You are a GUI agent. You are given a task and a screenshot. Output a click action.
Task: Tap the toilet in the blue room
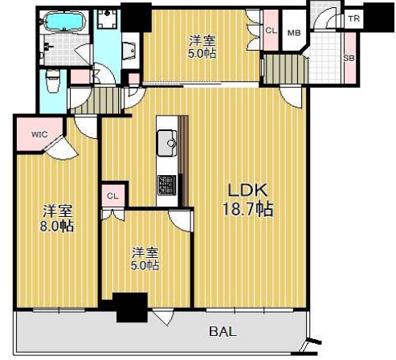[53, 80]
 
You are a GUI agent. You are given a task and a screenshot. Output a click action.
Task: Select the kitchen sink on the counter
[167, 143]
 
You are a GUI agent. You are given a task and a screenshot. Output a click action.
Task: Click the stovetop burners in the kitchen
[167, 185]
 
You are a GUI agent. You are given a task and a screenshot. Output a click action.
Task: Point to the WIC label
[39, 134]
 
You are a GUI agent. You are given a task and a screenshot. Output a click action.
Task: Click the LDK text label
[247, 190]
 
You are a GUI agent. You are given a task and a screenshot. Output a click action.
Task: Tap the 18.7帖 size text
[247, 209]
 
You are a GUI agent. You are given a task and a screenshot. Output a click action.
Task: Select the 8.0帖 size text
[57, 227]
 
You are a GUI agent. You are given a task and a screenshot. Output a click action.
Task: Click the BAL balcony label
[222, 331]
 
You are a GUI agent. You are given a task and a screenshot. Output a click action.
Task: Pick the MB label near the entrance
[294, 33]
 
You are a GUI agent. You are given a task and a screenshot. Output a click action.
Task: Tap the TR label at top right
[354, 18]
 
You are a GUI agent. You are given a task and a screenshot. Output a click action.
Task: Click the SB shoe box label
[349, 58]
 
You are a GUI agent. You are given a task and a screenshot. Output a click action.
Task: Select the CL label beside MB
[271, 31]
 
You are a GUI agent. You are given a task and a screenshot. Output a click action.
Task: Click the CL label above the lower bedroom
[112, 196]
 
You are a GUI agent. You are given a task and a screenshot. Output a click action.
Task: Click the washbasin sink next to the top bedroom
[130, 51]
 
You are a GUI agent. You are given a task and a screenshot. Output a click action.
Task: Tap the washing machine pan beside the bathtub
[107, 18]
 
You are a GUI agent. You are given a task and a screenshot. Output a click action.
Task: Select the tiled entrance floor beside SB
[325, 58]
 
